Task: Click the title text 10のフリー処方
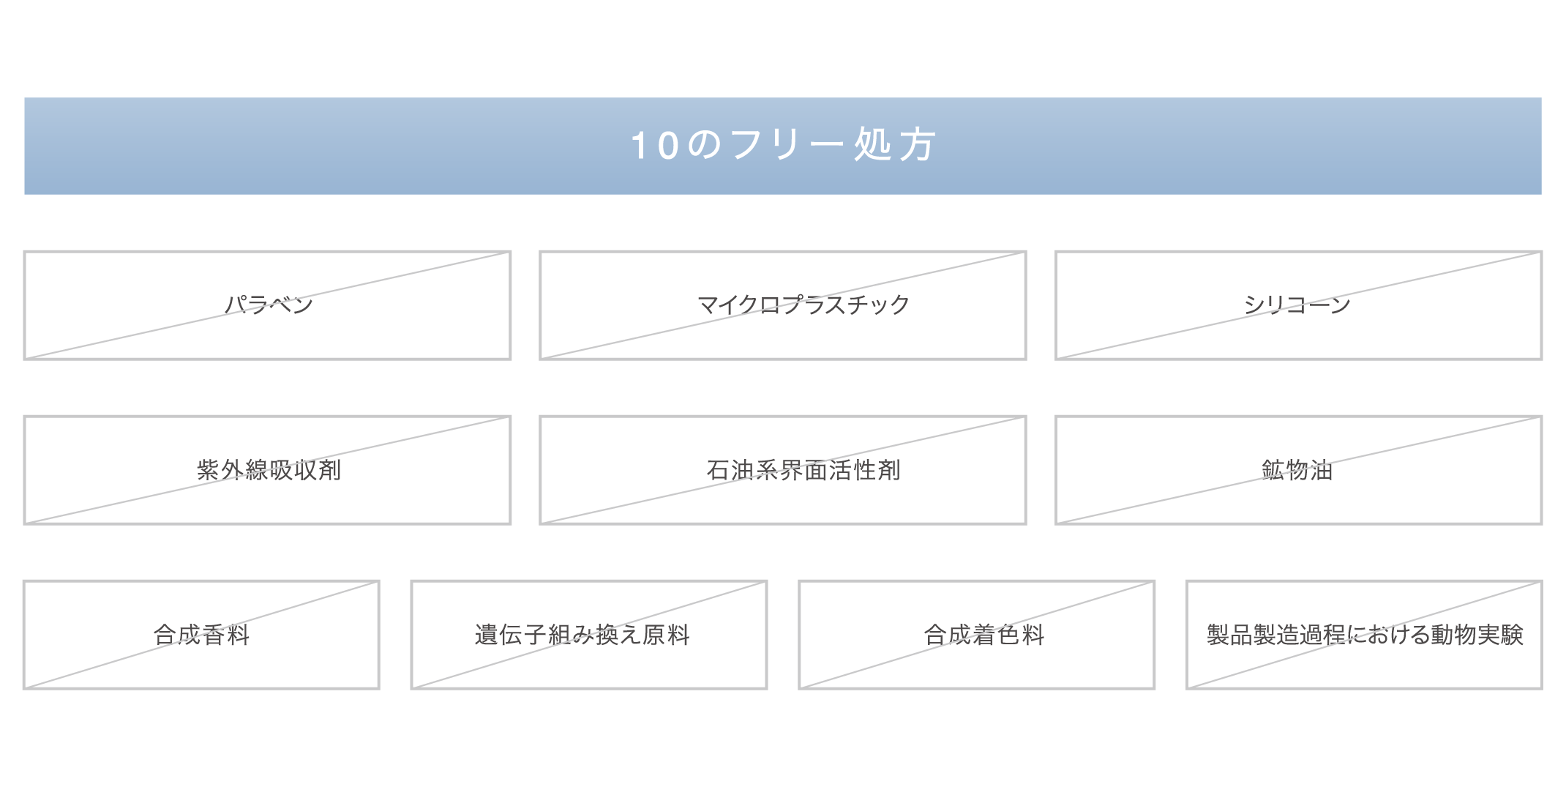[783, 145]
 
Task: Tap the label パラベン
[269, 305]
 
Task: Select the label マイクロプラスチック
[803, 305]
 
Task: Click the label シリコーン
[1297, 305]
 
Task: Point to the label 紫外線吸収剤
[269, 470]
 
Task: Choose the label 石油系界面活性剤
[803, 470]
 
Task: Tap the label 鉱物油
[1297, 470]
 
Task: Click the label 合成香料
[201, 635]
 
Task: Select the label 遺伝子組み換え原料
[582, 635]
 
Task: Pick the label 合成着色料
[984, 635]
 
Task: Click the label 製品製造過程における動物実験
[1365, 635]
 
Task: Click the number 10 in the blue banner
[654, 146]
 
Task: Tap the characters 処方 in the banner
[895, 145]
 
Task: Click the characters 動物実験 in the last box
[1477, 635]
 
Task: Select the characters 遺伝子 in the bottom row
[510, 635]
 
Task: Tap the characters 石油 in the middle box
[730, 470]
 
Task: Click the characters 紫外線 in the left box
[232, 470]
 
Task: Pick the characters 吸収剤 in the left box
[305, 470]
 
